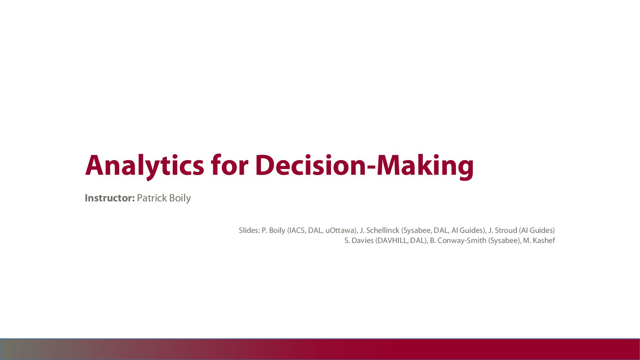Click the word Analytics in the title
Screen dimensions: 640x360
click(145, 166)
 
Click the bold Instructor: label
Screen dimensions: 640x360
click(110, 198)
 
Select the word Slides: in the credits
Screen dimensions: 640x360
click(249, 230)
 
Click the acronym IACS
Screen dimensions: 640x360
click(297, 230)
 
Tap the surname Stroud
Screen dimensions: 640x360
click(506, 230)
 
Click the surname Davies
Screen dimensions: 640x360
click(362, 241)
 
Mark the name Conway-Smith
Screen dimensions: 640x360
click(462, 241)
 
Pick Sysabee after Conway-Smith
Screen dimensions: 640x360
click(504, 241)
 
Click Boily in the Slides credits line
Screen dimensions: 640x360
click(277, 231)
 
